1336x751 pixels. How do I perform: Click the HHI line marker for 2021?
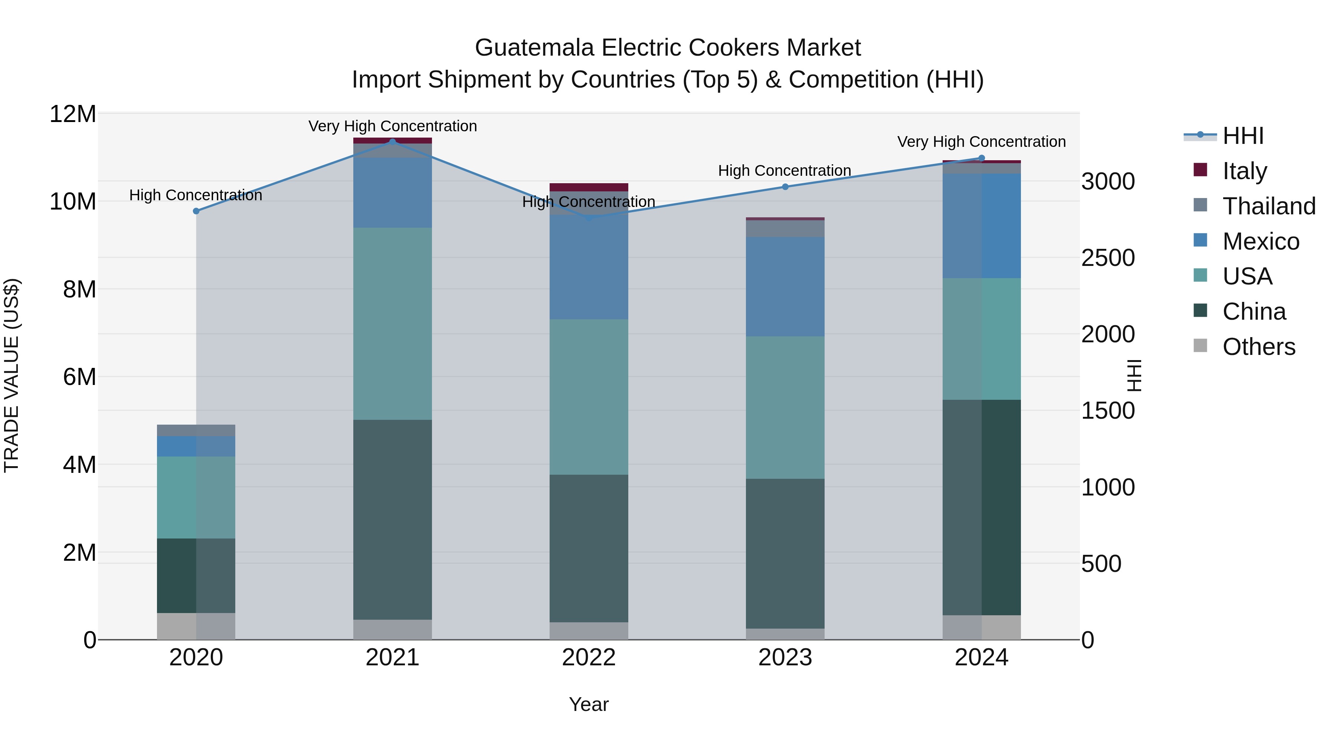click(392, 142)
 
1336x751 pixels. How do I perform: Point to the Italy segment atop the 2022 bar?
click(589, 187)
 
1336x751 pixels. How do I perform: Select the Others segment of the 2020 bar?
click(196, 626)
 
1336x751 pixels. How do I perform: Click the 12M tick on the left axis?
click(73, 113)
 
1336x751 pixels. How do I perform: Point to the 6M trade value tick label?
click(79, 377)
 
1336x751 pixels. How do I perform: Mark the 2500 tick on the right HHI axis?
click(1108, 258)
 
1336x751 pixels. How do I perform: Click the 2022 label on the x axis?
click(589, 658)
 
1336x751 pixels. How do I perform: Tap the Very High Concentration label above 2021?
click(392, 126)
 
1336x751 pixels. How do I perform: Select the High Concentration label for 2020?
click(196, 195)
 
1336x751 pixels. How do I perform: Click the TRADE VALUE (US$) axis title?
click(12, 375)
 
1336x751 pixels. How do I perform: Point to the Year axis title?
click(589, 704)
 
